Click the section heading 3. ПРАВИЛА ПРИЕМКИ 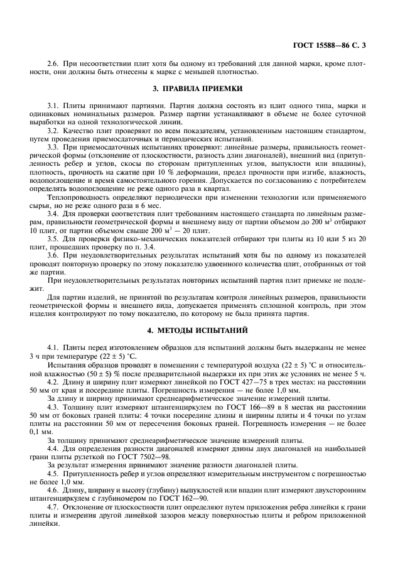click(x=207, y=89)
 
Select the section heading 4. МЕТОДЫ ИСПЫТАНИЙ click(x=207, y=330)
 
